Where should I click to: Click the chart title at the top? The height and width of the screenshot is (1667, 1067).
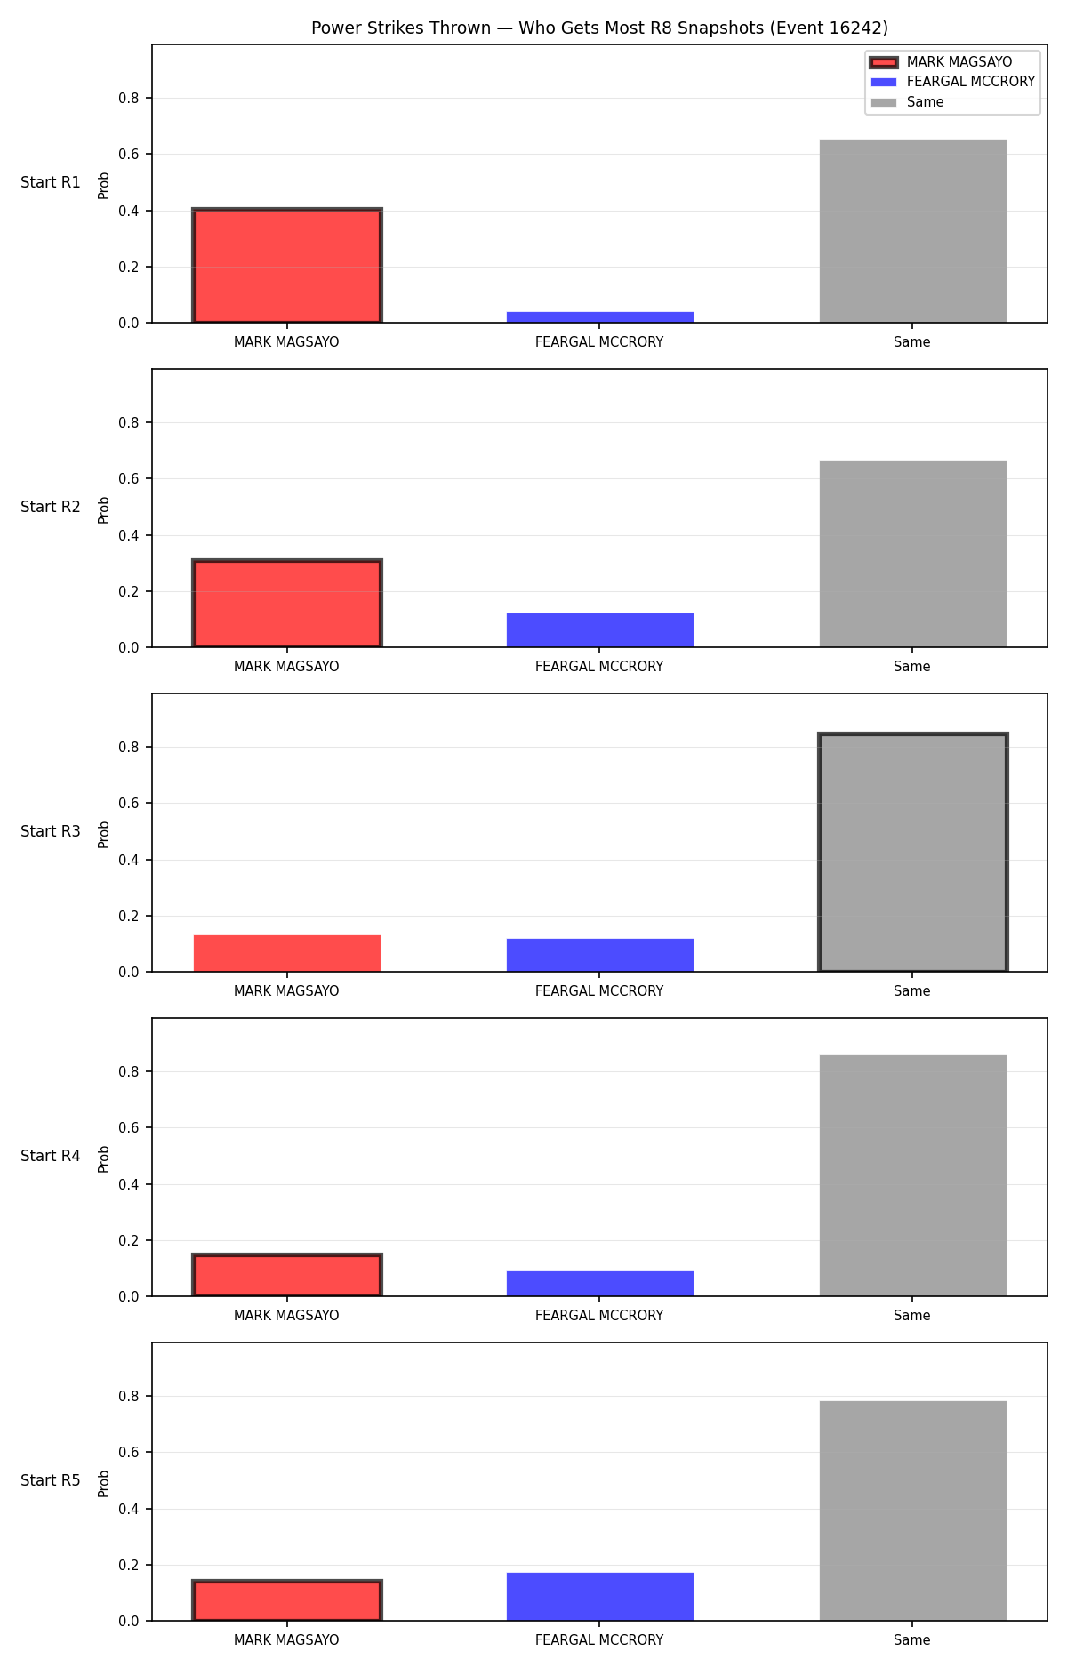599,28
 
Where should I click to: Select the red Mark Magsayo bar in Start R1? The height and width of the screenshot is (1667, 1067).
287,266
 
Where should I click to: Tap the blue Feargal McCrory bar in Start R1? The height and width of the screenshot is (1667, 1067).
600,317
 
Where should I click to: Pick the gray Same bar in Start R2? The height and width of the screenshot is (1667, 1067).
913,554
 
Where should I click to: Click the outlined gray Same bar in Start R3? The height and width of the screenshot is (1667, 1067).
913,853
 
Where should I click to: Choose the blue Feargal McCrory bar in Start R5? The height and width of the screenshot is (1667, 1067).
600,1597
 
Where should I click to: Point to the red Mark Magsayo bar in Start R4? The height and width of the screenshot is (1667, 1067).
287,1275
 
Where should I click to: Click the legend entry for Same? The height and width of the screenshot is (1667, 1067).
908,102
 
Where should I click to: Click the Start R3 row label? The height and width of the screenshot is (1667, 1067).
51,831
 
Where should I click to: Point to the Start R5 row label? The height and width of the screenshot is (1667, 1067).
51,1480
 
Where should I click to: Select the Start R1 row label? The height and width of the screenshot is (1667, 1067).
51,182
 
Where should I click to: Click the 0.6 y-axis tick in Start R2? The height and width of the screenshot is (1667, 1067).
129,478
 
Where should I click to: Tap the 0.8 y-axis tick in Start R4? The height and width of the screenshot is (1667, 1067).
129,1071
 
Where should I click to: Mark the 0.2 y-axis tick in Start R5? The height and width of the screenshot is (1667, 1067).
129,1565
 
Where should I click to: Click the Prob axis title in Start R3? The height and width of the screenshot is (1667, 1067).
104,834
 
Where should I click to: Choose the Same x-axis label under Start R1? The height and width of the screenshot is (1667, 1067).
912,342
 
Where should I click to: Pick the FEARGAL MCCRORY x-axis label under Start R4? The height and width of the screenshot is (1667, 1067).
599,1316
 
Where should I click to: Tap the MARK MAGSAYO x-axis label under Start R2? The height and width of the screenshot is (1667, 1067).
286,667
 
